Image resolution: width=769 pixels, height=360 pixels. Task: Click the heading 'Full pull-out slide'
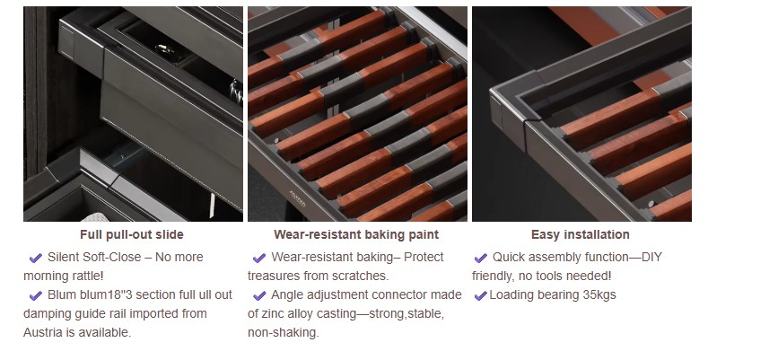point(132,235)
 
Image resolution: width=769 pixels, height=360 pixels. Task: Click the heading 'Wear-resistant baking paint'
point(356,235)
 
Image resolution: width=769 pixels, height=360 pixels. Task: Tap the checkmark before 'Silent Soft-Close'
point(36,258)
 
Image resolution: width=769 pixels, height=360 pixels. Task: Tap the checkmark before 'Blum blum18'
point(36,295)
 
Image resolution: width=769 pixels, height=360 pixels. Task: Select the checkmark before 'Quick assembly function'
point(481,258)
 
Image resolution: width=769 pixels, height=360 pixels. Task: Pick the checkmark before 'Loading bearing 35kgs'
point(480,295)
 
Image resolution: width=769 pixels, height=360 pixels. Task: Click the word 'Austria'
point(49,332)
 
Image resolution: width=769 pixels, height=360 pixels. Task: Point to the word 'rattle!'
point(83,276)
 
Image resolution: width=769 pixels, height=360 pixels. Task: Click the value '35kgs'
point(599,295)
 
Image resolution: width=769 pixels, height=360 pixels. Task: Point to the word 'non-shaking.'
point(284,332)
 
